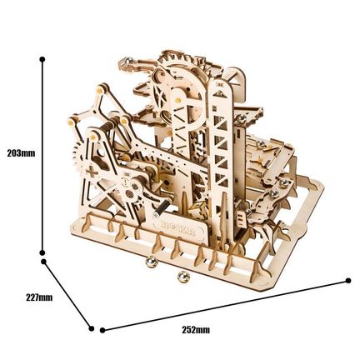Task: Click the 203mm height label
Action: click(22, 153)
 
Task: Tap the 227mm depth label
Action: click(39, 297)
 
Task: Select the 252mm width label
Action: click(196, 330)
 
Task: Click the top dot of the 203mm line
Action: click(42, 59)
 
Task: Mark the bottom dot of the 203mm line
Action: click(42, 252)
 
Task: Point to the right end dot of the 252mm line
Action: click(348, 281)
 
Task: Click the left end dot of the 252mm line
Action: click(102, 330)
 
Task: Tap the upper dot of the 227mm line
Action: click(43, 262)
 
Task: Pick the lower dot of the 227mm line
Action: click(92, 328)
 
